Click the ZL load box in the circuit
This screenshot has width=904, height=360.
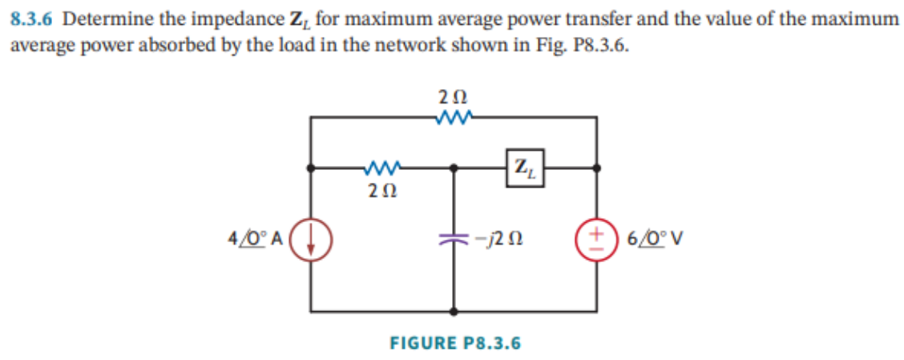coord(524,168)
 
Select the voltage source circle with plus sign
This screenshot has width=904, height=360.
coord(597,239)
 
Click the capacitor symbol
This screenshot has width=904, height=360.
coord(454,239)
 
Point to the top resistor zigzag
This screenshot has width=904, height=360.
coord(454,119)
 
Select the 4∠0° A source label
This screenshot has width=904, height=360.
coord(253,239)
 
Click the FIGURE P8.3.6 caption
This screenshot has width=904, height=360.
coord(454,343)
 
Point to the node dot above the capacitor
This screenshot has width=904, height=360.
coord(454,168)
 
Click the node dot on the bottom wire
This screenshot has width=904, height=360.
coord(454,309)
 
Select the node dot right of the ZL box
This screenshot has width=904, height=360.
coord(597,168)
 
